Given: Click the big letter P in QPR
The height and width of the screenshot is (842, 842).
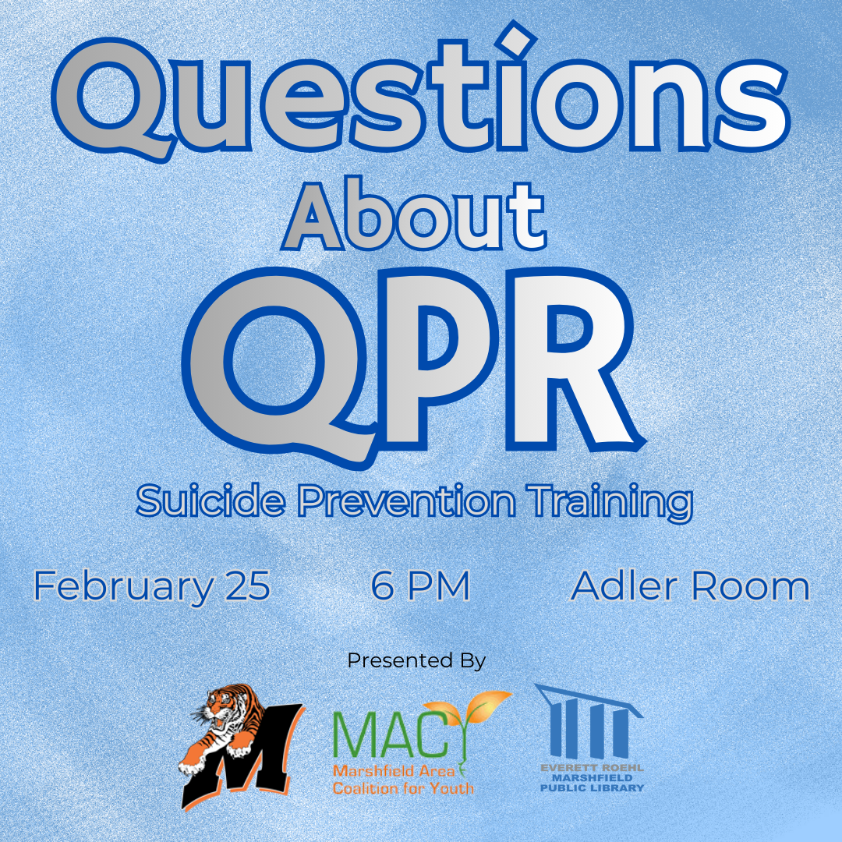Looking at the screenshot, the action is click(437, 359).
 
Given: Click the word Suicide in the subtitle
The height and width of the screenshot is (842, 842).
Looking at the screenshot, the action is click(210, 501).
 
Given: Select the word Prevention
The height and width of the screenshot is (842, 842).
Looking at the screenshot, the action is click(406, 501).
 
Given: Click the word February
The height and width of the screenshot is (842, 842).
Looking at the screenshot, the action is click(123, 587).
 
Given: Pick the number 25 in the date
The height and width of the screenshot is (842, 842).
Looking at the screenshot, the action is click(248, 586).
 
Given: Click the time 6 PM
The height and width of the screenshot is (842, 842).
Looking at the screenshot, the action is click(420, 586).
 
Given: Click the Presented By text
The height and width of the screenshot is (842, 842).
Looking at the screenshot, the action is click(416, 660).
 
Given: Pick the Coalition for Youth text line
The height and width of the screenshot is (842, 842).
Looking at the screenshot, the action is click(403, 788).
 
